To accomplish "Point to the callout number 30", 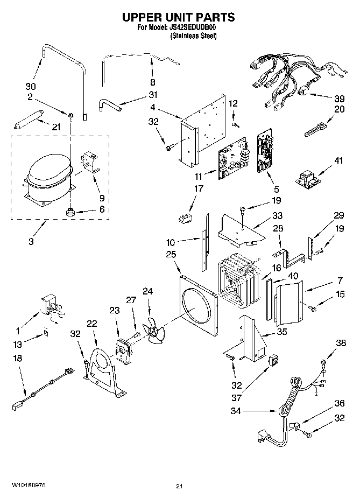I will click(31, 87).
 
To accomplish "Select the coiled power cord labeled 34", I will click(291, 398).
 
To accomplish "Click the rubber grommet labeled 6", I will click(69, 212).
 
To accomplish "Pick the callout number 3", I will click(31, 241).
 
